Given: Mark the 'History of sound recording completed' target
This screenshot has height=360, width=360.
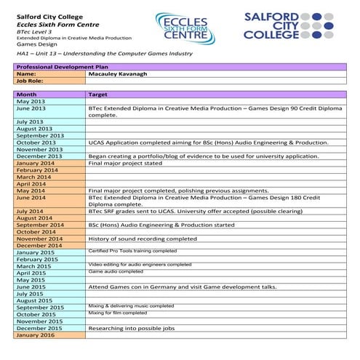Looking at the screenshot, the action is click(143, 239).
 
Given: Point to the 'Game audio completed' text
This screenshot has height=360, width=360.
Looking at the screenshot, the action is click(116, 271).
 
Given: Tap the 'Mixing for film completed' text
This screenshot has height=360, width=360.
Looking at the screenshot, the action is click(118, 313).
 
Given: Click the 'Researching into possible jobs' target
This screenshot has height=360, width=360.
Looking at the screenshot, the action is click(134, 328).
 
